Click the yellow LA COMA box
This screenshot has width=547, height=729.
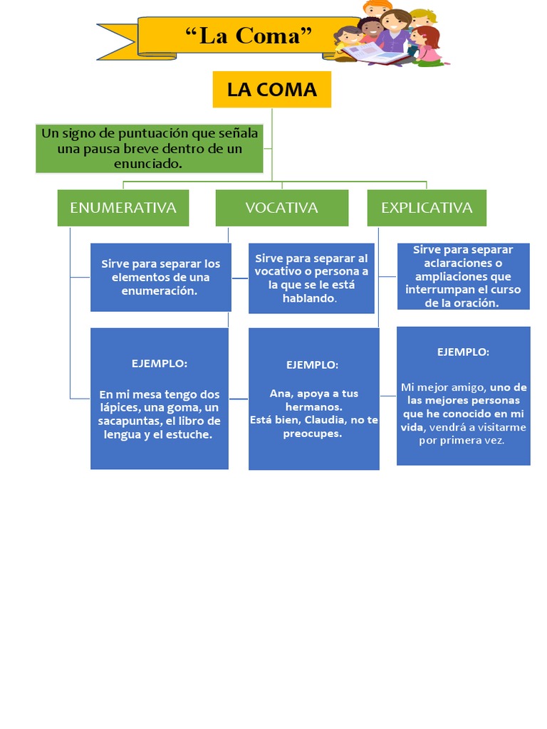(271, 90)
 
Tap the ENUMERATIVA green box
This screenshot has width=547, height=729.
(123, 208)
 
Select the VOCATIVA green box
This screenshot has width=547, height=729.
(281, 208)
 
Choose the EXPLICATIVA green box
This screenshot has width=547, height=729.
(427, 208)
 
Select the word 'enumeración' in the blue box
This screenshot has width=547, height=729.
(160, 291)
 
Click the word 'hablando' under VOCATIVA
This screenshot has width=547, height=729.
(308, 298)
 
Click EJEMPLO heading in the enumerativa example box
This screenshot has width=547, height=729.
(160, 364)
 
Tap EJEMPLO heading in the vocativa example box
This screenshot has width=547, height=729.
(313, 364)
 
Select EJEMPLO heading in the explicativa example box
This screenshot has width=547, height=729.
(463, 352)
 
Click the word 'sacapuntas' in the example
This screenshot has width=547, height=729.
(127, 421)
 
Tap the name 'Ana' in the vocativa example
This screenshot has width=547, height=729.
(279, 394)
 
